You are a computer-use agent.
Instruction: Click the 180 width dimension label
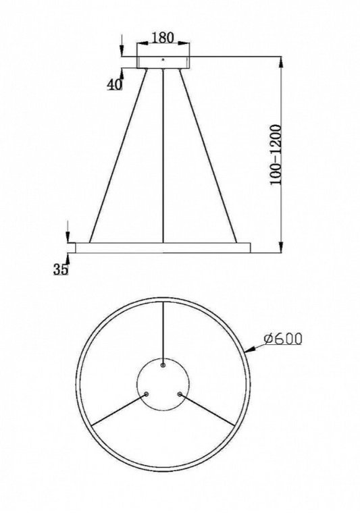coord(162,38)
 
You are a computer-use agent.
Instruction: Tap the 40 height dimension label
coord(114,85)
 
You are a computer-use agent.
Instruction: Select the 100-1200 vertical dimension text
coord(276,155)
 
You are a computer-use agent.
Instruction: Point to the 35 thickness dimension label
coord(61,269)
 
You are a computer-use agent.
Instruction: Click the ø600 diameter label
coord(284,339)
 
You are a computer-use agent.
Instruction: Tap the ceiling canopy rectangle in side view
coord(163,62)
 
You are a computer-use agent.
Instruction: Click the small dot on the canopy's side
coord(163,60)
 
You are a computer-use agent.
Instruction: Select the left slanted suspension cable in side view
coord(118,155)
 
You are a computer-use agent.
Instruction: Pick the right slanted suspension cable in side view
coord(208,155)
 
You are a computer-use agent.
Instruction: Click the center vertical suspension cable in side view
coord(163,155)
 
